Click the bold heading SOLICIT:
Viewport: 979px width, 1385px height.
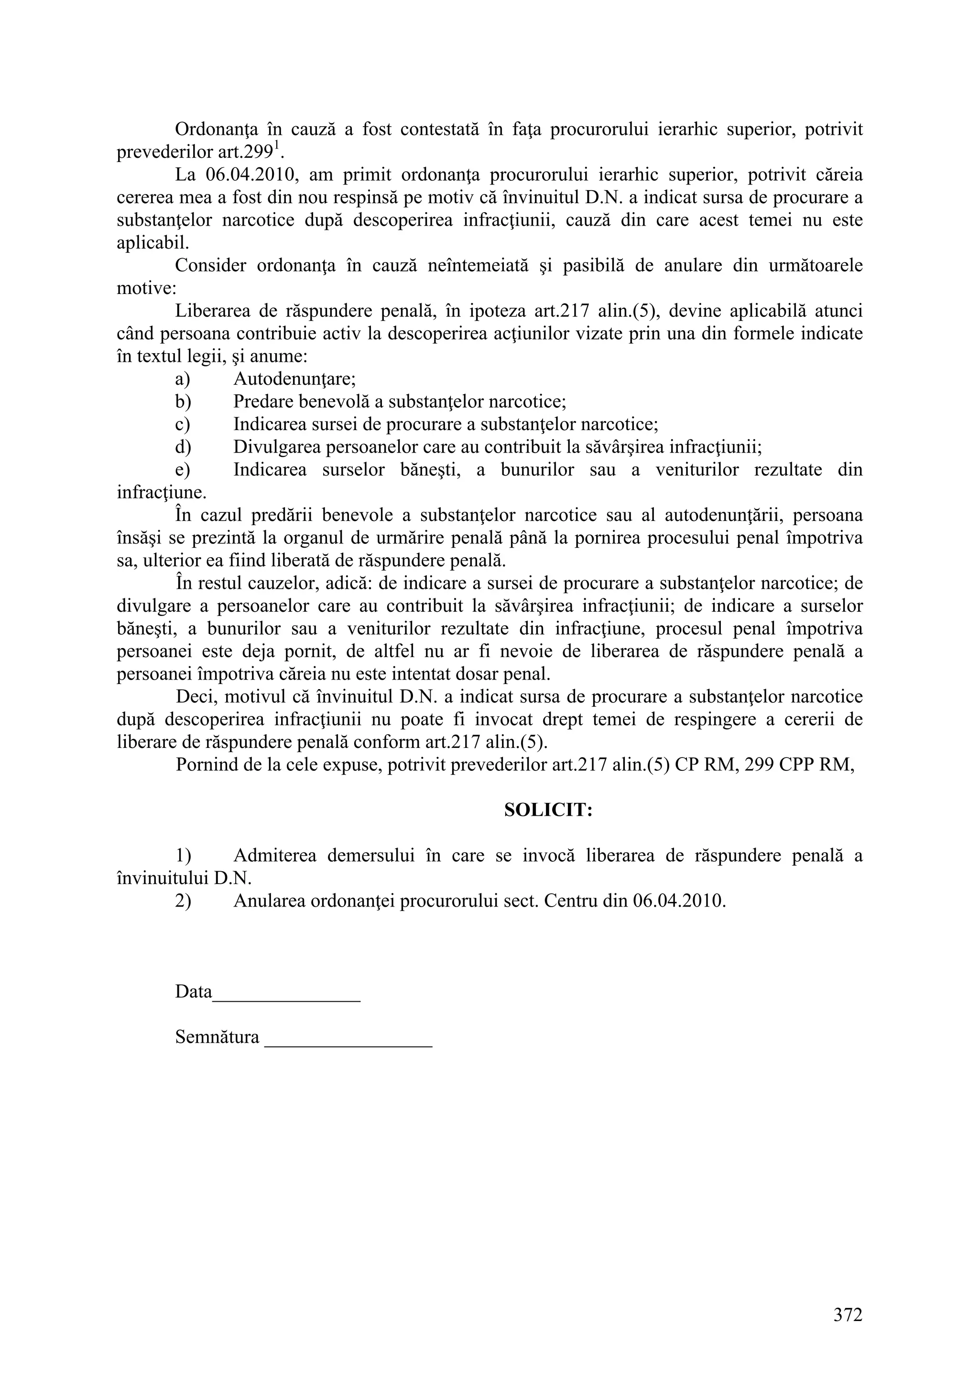pos(548,810)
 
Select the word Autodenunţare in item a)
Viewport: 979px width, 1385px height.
pos(294,379)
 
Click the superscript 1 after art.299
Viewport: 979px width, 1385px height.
pos(277,145)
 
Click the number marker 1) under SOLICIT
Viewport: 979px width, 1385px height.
pos(184,855)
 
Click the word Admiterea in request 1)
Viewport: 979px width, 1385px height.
pos(274,855)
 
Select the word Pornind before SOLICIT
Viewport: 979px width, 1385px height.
pos(207,765)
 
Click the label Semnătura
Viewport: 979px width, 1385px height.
pos(217,1037)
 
